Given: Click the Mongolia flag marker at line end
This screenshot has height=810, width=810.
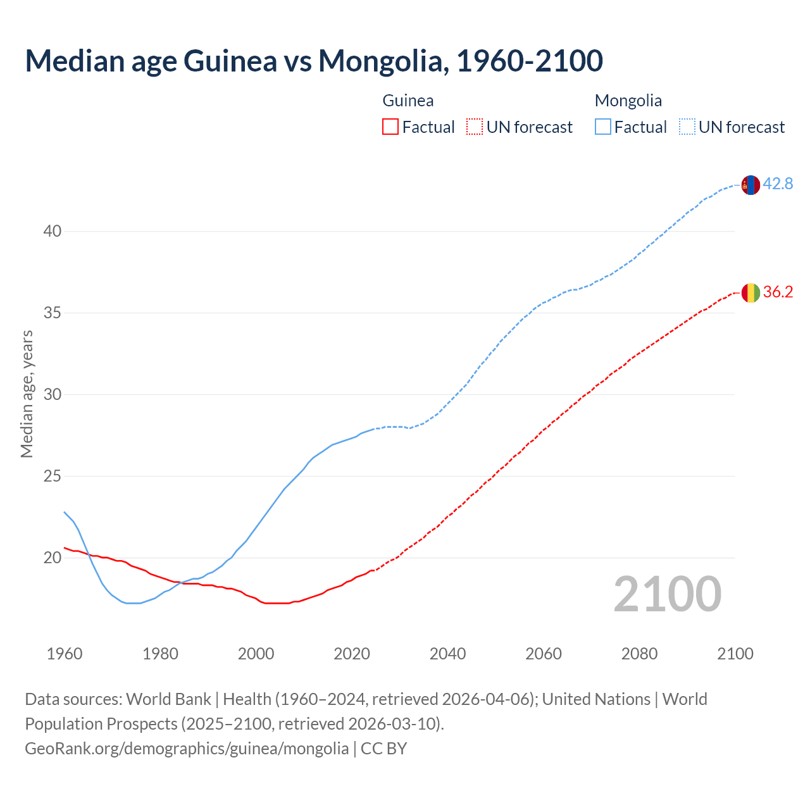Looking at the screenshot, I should coord(750,185).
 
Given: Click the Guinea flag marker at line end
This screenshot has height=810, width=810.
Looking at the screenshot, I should coord(750,292).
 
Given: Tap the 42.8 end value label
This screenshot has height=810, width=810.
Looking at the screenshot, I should coord(778,184).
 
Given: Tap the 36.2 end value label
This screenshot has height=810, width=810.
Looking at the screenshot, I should coord(778,292).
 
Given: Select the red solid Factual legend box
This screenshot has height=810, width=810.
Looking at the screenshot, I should coord(390,127).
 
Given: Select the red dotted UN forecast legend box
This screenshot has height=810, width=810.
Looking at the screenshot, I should coord(475,127).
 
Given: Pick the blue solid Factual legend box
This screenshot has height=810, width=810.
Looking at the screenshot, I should coord(603,127).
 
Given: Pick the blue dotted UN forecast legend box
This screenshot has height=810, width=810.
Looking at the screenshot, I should coord(687,127).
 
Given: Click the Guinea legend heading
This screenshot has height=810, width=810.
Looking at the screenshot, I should coord(408,101).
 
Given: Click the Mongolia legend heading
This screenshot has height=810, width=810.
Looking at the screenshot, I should coord(628,101).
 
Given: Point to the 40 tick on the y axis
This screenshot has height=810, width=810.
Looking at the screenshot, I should coord(53,232).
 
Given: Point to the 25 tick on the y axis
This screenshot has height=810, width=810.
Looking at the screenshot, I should coord(53,477).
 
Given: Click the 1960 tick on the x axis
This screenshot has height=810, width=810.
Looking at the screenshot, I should coord(65,654).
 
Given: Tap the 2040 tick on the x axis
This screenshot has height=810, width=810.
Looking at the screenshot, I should coord(447,654).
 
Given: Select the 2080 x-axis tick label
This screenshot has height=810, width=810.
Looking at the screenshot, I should coord(639,654).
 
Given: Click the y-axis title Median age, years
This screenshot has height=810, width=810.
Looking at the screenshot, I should coord(27,394).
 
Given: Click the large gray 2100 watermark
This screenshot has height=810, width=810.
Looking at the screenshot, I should coord(667,594).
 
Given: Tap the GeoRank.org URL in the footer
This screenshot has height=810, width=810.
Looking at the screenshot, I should coord(187,749).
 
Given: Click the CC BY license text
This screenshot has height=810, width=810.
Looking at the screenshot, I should coord(384,749).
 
